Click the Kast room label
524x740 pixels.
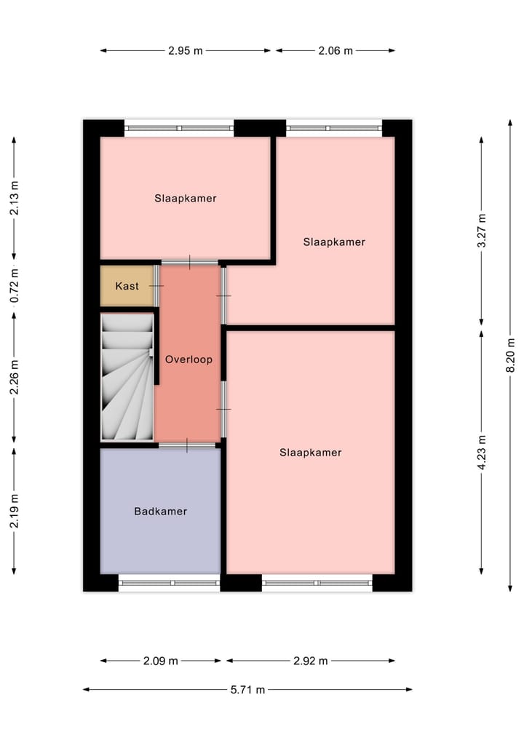(127, 286)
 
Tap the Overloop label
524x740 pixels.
(188, 359)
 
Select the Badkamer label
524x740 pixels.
(160, 512)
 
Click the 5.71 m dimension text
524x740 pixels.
(247, 690)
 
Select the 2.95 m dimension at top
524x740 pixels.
(185, 51)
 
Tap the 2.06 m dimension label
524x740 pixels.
(335, 51)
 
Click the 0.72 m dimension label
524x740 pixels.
(15, 286)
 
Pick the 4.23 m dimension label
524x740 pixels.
(482, 452)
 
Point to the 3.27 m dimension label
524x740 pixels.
(482, 231)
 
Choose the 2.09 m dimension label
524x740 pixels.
(160, 661)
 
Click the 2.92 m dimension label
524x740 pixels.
(310, 661)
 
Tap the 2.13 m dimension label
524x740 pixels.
(15, 198)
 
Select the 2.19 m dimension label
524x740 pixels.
(15, 512)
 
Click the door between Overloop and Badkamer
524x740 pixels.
(187, 445)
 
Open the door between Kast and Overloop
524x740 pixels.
(156, 286)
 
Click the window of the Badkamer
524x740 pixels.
(169, 582)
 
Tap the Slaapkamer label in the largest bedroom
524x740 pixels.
(310, 453)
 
